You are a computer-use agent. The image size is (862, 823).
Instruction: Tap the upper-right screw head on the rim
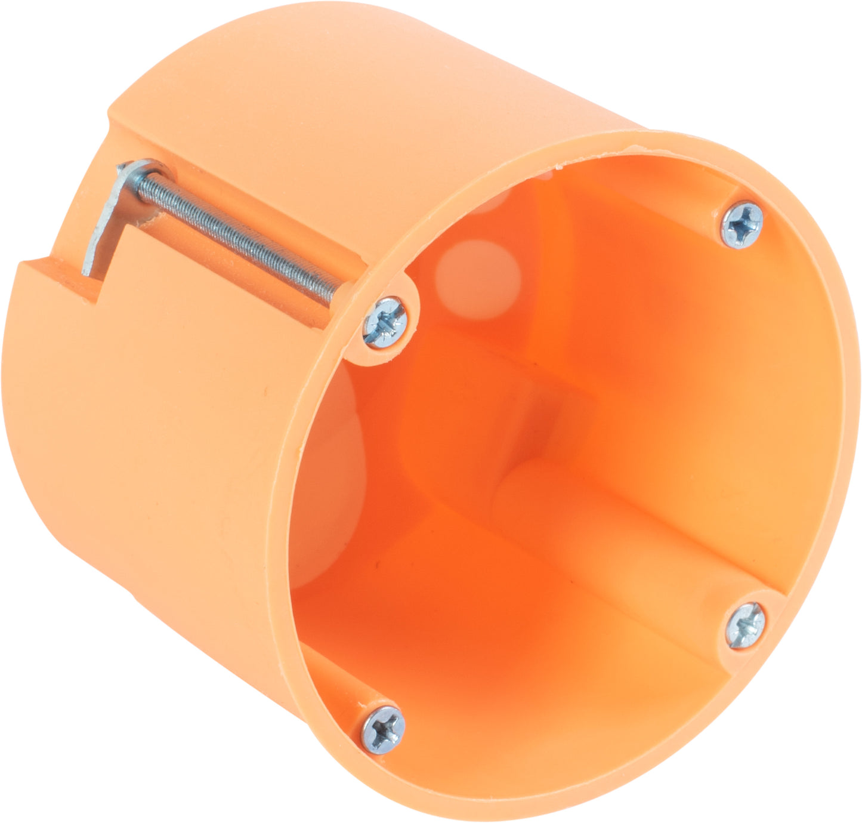click(x=741, y=224)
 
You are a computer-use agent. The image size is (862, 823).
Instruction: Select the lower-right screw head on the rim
click(x=745, y=625)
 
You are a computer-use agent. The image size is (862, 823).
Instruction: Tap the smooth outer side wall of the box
click(x=149, y=448)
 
